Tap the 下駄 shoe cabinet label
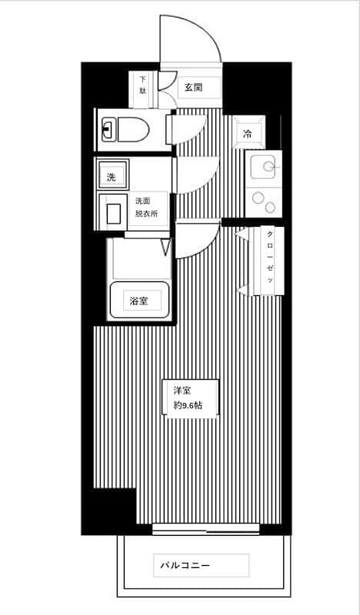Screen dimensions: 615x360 142,84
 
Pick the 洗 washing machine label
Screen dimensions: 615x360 112,178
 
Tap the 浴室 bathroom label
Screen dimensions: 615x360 138,299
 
